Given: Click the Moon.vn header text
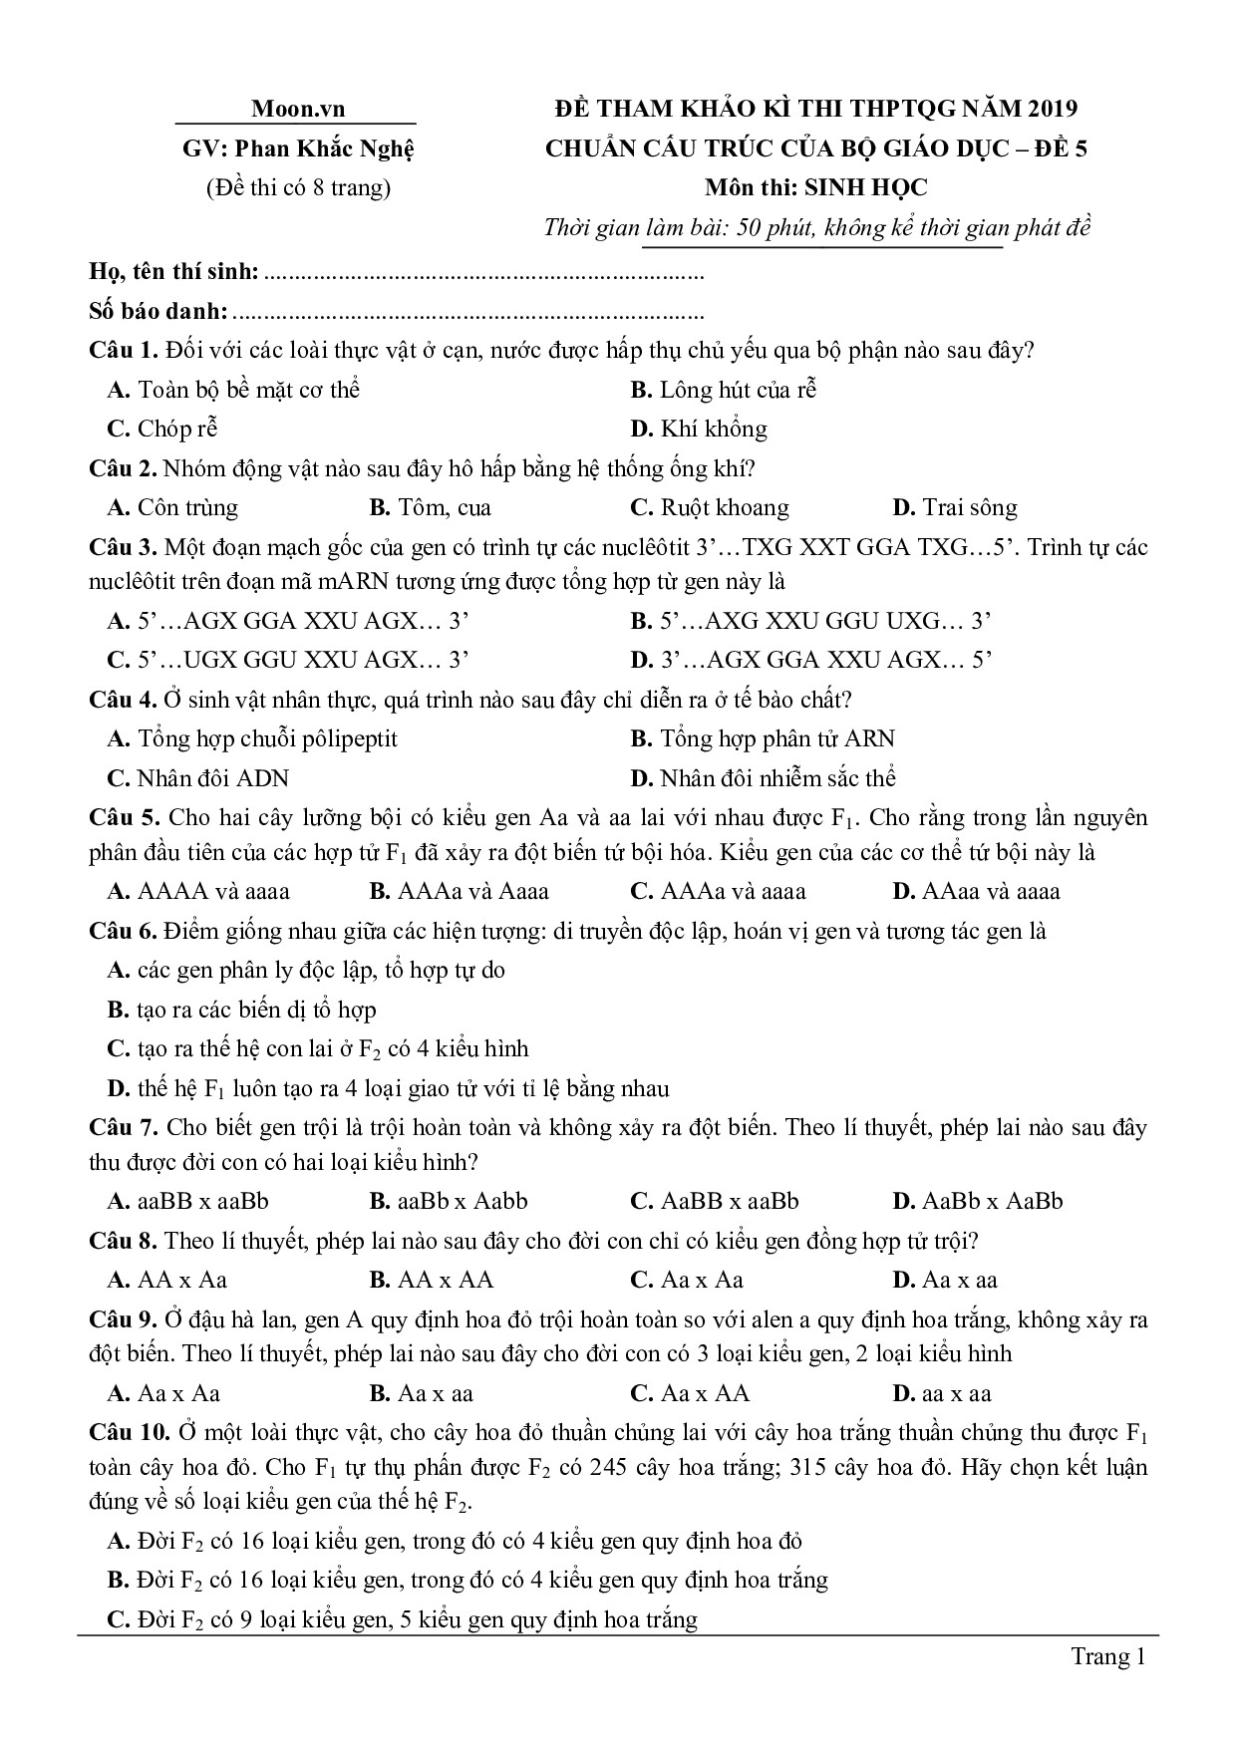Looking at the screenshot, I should [x=298, y=109].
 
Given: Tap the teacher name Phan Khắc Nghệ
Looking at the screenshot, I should [x=298, y=148].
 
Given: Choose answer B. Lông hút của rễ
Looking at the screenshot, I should [x=724, y=390].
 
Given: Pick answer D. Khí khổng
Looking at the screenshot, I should [x=699, y=430].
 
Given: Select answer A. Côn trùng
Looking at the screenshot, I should [x=173, y=507].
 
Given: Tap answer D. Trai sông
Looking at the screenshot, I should [x=955, y=507].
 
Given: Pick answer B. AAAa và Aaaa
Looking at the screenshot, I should [x=459, y=891].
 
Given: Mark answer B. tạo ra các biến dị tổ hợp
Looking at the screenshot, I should [x=242, y=1010].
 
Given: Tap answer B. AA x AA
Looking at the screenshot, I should [x=432, y=1280].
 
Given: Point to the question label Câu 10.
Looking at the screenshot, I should [x=130, y=1433].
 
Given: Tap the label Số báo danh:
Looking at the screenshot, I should [x=158, y=311].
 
